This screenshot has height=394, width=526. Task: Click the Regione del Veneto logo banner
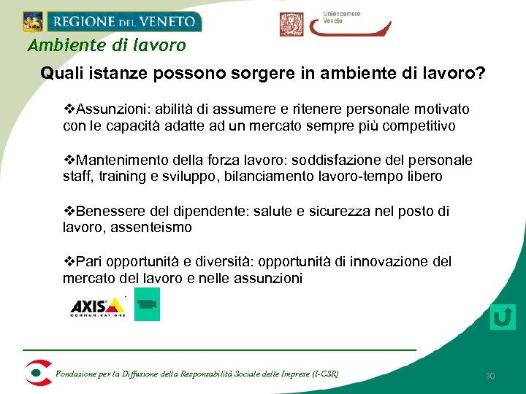(112, 21)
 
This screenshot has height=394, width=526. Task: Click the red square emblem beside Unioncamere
(291, 24)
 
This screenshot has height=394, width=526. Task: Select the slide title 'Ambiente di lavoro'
(107, 45)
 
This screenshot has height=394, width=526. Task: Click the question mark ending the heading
(481, 74)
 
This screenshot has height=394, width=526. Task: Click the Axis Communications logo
(97, 307)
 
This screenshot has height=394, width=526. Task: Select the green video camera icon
(148, 304)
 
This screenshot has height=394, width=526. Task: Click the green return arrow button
(503, 317)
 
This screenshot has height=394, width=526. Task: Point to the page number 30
(490, 376)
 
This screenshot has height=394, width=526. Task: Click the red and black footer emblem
(37, 372)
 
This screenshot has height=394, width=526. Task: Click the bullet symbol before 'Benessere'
(69, 211)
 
